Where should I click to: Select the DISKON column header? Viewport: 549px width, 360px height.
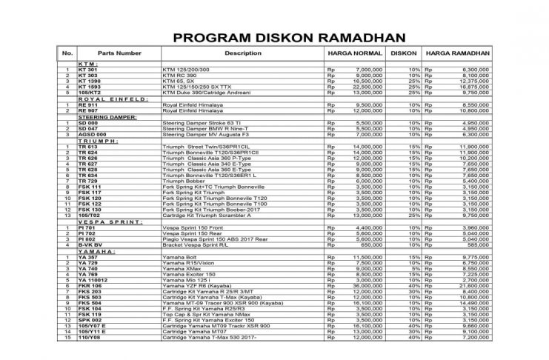tap(403, 54)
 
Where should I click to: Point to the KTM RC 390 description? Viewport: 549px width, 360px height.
tap(182, 76)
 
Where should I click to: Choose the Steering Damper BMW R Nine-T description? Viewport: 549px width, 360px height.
tap(204, 129)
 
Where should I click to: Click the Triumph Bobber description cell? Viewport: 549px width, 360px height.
tap(182, 181)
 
